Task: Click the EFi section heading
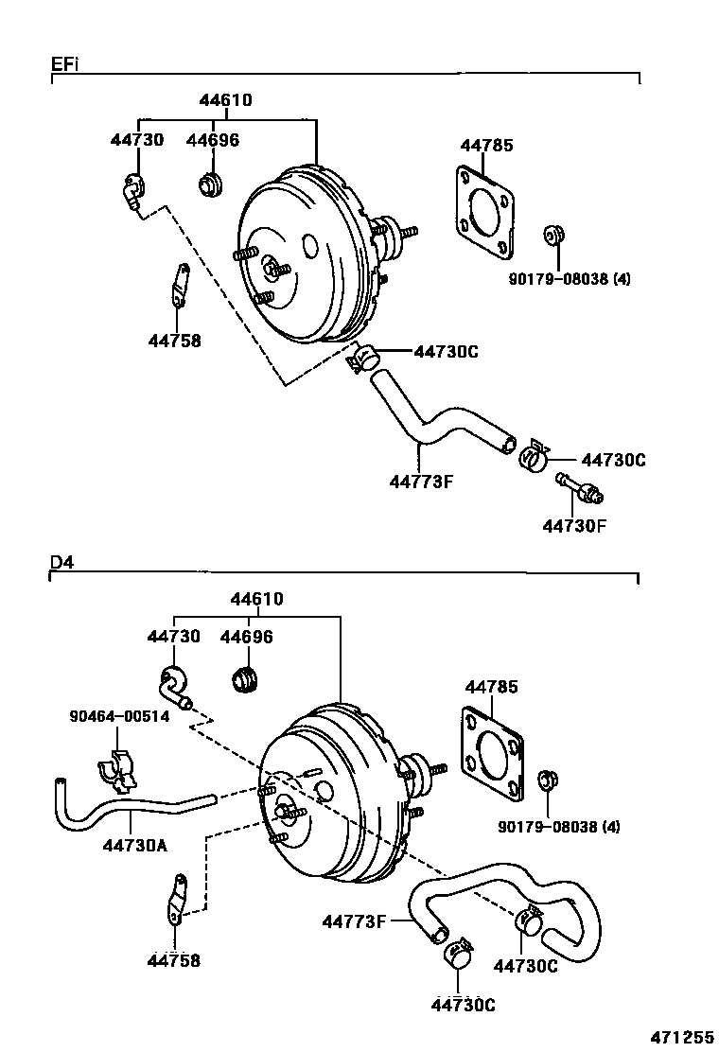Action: click(64, 63)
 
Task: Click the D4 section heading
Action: click(61, 562)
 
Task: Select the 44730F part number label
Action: click(573, 525)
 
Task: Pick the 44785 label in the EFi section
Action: click(486, 145)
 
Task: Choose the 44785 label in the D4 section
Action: click(491, 686)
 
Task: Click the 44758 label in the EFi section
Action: click(174, 341)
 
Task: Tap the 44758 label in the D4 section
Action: click(173, 961)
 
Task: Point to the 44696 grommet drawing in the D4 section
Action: click(245, 678)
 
